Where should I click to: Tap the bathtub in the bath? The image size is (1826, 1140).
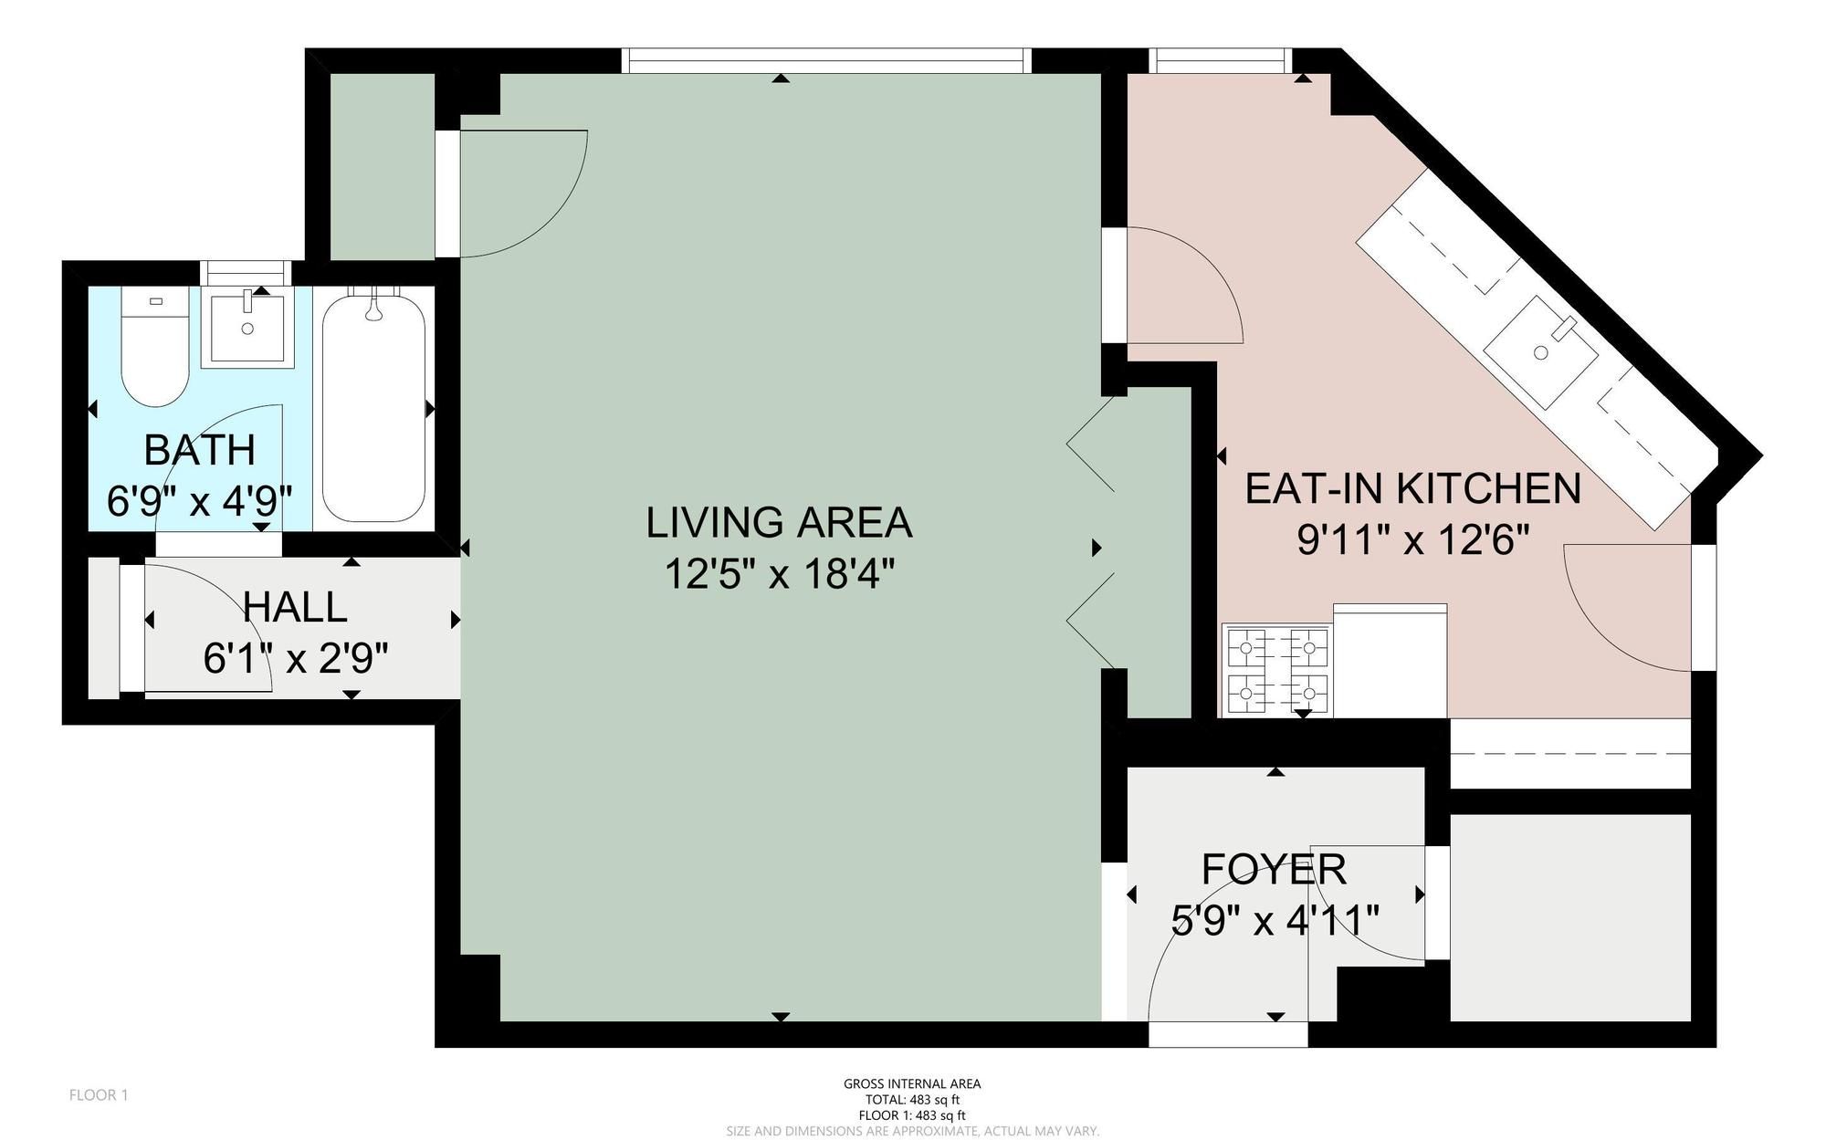tap(374, 406)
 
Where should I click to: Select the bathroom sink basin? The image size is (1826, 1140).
tap(247, 328)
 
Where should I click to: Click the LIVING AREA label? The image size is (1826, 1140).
tap(779, 523)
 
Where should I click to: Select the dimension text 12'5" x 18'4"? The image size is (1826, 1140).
tap(779, 575)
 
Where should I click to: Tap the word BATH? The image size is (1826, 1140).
tap(200, 450)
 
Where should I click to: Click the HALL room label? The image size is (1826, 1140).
tap(296, 607)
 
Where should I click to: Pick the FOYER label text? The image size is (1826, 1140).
tap(1274, 869)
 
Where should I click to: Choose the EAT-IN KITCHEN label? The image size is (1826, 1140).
tap(1413, 488)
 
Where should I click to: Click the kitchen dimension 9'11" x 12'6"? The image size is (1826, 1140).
tap(1412, 541)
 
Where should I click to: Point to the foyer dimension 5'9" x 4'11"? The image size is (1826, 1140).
tap(1275, 920)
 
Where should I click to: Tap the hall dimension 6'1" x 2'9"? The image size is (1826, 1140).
tap(296, 658)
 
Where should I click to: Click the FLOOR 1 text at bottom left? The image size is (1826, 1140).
tap(99, 1094)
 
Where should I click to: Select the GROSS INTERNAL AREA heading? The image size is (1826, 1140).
tap(912, 1084)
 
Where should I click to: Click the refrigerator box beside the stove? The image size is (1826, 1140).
tap(1390, 661)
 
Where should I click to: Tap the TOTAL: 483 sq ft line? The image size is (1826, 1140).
tap(912, 1100)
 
